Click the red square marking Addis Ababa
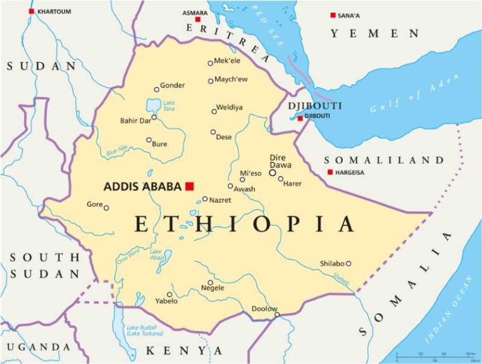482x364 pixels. (x=189, y=186)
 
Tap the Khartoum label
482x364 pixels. (x=54, y=11)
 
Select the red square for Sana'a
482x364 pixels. (x=333, y=15)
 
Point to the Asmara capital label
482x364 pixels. (x=194, y=12)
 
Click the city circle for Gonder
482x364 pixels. (x=157, y=89)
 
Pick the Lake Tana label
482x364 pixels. (x=169, y=106)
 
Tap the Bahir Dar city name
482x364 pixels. (x=135, y=120)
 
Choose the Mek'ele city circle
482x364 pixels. (x=211, y=63)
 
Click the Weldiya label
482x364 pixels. (x=230, y=107)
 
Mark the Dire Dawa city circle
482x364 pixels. (x=273, y=172)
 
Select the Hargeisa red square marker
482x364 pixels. (x=330, y=172)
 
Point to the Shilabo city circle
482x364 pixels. (x=349, y=263)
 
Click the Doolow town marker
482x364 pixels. (x=277, y=314)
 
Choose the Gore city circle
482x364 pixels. (x=106, y=208)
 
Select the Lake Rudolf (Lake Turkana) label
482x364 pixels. (x=145, y=330)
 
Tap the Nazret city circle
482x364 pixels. (x=205, y=199)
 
